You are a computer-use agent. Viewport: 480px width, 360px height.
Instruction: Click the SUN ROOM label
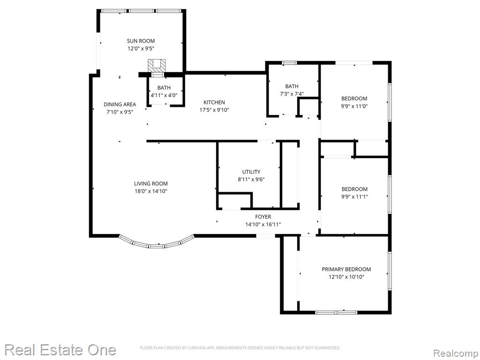click(x=141, y=41)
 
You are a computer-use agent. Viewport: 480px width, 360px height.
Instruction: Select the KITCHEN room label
click(x=214, y=102)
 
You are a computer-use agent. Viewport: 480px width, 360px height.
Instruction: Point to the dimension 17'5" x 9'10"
click(x=214, y=110)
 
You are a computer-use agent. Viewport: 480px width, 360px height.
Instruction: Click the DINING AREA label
click(x=120, y=105)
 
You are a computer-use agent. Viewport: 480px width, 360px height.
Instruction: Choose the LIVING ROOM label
click(x=151, y=184)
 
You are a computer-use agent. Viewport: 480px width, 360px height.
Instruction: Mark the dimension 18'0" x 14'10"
click(x=151, y=191)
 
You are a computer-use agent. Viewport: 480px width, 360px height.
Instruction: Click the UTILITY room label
click(x=251, y=172)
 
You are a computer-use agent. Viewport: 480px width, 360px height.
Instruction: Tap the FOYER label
click(x=263, y=217)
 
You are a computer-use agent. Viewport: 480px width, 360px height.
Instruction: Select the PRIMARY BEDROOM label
click(x=346, y=270)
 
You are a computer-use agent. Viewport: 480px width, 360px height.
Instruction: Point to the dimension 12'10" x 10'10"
click(x=346, y=277)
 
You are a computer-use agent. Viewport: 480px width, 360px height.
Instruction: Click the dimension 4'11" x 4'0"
click(x=164, y=95)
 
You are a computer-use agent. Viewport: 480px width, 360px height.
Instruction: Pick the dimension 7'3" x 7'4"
click(x=292, y=94)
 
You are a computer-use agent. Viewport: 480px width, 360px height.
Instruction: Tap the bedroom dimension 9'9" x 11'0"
click(x=354, y=106)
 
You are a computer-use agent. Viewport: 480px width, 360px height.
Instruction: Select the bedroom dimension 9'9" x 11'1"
click(x=354, y=197)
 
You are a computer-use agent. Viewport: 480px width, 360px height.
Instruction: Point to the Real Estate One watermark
click(x=60, y=350)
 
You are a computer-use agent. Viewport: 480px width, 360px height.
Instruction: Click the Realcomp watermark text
click(x=456, y=353)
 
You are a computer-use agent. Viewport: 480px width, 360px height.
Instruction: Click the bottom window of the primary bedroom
click(x=336, y=312)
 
